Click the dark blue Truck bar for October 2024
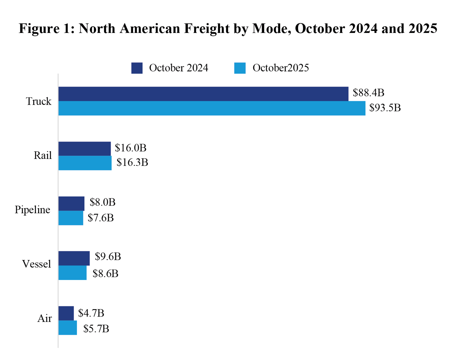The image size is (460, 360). coord(203,94)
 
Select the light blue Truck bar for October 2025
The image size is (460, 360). coord(212,108)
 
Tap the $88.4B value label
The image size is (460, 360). coord(368,93)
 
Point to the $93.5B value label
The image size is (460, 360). coord(385,108)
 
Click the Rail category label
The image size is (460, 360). coord(42,155)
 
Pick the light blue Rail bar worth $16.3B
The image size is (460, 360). coord(85,163)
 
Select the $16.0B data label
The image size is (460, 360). coord(130,148)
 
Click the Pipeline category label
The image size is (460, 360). coord(32,210)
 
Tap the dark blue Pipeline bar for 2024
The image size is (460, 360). coord(71,204)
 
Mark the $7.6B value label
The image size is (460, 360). coord(101,218)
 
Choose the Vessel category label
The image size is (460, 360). coord(36,264)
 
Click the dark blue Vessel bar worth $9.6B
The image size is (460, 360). coord(74,258)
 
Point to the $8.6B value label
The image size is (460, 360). coord(105,274)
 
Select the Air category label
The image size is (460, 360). coord(44,319)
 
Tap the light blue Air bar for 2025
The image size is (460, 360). coord(68,328)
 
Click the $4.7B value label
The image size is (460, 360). coord(91,313)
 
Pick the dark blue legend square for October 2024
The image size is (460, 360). coord(137,68)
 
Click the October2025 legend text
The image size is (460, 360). coord(280,68)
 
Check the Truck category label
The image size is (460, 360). coord(38,101)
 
